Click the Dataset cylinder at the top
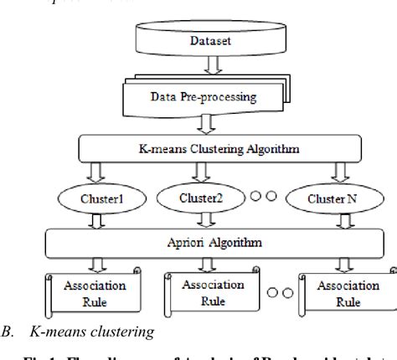coord(199,37)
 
